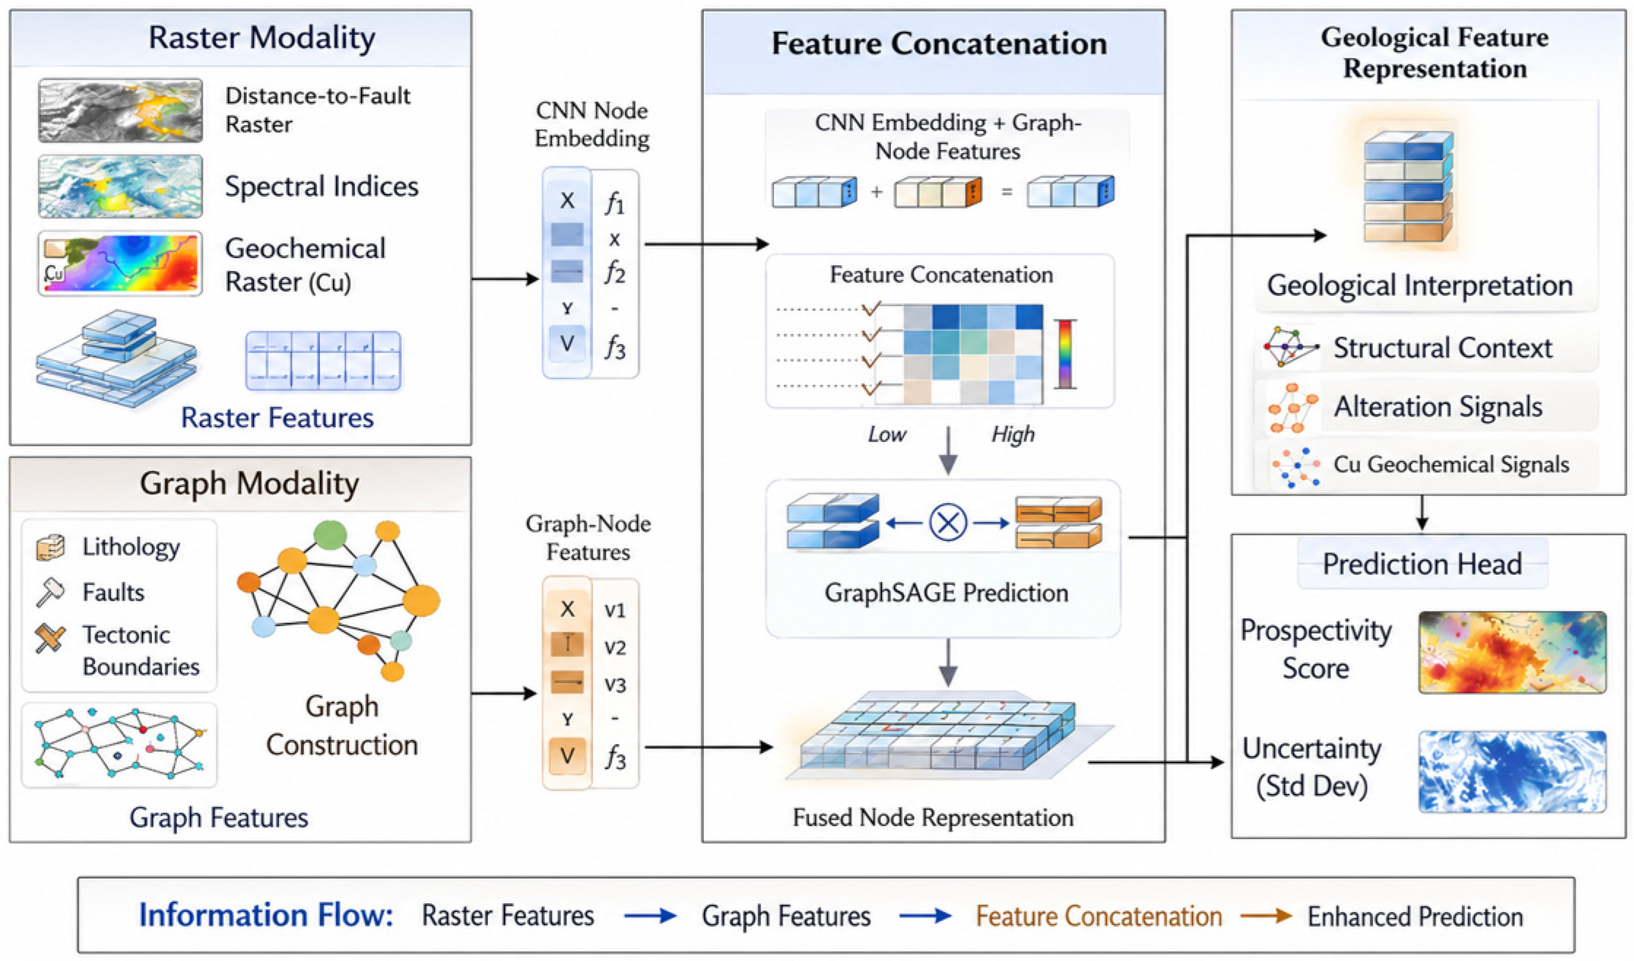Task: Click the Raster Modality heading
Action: point(261,38)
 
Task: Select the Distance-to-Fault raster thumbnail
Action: point(120,110)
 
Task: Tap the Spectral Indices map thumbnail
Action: point(120,186)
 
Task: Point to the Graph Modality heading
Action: point(249,484)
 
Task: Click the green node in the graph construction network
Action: point(330,535)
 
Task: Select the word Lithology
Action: point(131,547)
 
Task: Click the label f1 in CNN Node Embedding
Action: point(615,204)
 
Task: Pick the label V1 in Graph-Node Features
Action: point(615,611)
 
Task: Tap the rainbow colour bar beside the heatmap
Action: point(1065,354)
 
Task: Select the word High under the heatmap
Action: point(1013,434)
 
